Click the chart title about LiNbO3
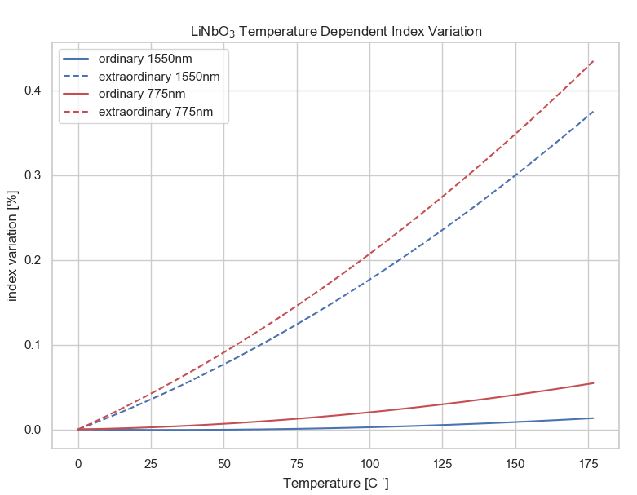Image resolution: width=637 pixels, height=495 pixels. tap(336, 31)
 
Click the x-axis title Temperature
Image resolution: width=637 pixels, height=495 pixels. tap(335, 483)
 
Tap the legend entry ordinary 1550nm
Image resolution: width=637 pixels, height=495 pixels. tap(145, 59)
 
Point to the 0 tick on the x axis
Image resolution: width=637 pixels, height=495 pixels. tap(78, 462)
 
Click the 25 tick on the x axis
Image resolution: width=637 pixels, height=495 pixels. tap(151, 462)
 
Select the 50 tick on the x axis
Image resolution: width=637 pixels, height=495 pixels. tap(224, 462)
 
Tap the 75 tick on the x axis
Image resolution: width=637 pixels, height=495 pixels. tap(297, 462)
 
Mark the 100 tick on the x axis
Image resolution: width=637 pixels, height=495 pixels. tap(369, 462)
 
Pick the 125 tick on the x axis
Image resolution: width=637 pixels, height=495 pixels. tap(442, 462)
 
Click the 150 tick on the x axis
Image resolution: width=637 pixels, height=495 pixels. tap(515, 462)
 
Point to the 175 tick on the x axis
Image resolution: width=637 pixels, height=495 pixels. tap(588, 462)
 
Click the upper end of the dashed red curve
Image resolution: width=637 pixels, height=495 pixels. tap(593, 61)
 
